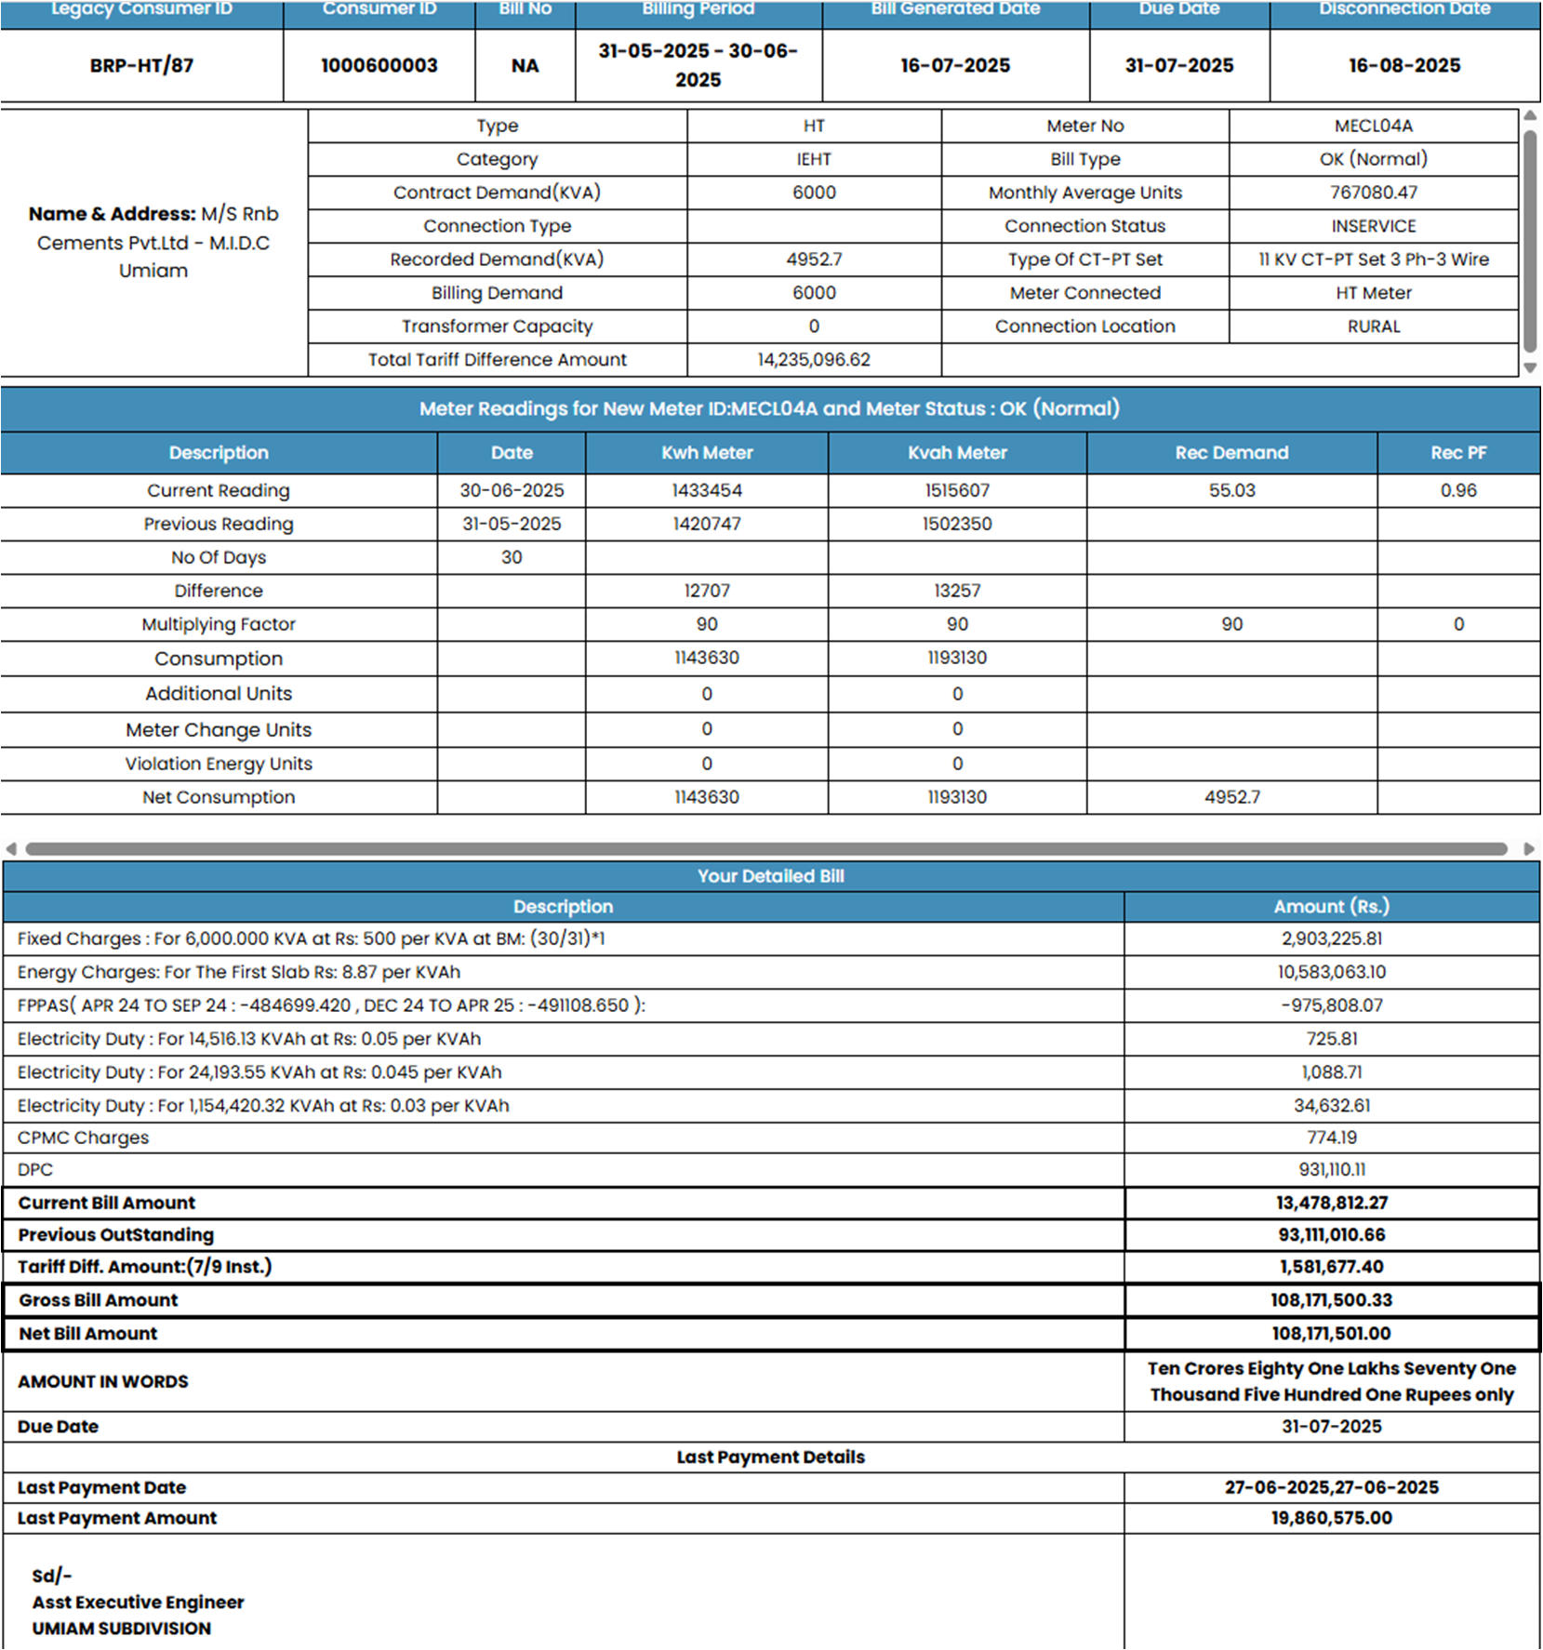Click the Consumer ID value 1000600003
tap(379, 65)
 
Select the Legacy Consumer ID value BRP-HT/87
tap(141, 65)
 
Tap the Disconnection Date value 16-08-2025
tap(1404, 65)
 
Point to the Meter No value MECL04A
tap(1373, 126)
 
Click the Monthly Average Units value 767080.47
tap(1373, 193)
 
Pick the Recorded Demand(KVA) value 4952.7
tap(814, 259)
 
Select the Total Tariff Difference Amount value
tap(814, 360)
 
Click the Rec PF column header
tap(1457, 453)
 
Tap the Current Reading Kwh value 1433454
tap(707, 490)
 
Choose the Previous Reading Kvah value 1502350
tap(957, 524)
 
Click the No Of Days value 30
tap(512, 557)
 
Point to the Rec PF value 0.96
tap(1457, 490)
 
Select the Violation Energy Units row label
tap(219, 764)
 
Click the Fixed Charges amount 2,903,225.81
tap(1331, 938)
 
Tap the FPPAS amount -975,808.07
tap(1331, 1005)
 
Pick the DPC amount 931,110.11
tap(1331, 1169)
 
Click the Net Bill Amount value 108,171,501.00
tap(1331, 1333)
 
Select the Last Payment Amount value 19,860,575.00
tap(1331, 1518)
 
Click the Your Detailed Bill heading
tap(771, 876)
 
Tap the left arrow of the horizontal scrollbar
tap(11, 848)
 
